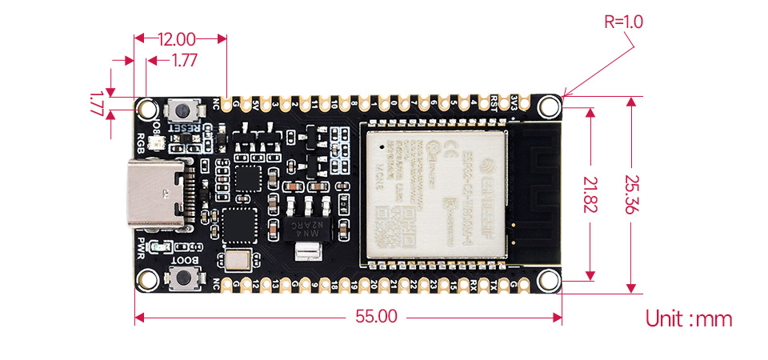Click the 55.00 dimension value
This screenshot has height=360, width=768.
(375, 316)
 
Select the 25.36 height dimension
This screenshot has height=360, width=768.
(631, 194)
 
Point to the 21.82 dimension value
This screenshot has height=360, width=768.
(590, 194)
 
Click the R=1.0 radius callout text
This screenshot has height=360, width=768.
(623, 22)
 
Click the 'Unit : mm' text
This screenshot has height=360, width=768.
(689, 319)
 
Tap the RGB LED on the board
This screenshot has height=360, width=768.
(155, 142)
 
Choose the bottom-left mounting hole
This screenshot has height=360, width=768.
(147, 279)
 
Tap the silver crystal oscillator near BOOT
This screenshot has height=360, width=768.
(238, 258)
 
